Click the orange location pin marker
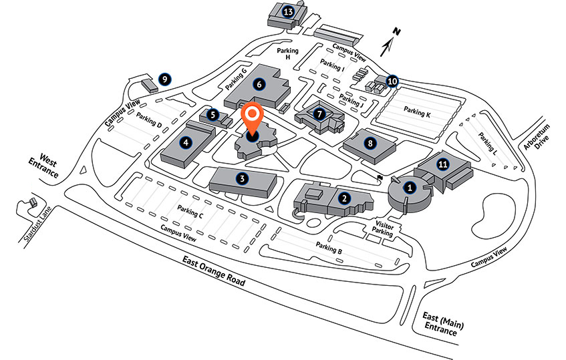[x=253, y=119]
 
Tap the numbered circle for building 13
[x=288, y=12]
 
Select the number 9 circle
[x=164, y=79]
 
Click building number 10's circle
[x=392, y=81]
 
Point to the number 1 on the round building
[x=410, y=188]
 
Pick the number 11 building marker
[x=443, y=164]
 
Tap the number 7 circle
[x=319, y=114]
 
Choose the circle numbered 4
[x=186, y=142]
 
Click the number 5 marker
[x=213, y=115]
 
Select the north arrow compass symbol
[x=390, y=42]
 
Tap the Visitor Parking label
[x=383, y=228]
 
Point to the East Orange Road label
[x=214, y=271]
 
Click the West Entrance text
[x=44, y=166]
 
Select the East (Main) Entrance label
[x=442, y=324]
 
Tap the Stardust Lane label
[x=37, y=224]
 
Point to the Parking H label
[x=288, y=53]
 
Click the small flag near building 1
[x=380, y=178]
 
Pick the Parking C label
[x=190, y=211]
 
